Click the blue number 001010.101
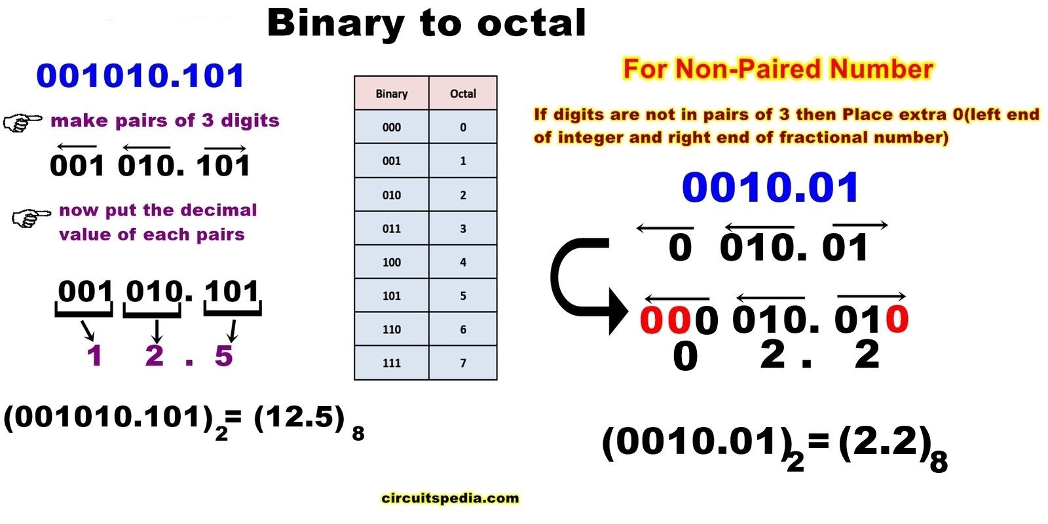click(x=140, y=76)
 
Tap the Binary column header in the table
click(x=392, y=94)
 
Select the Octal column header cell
click(x=462, y=94)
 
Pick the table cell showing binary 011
click(x=392, y=229)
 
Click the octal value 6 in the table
click(x=462, y=329)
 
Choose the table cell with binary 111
click(x=392, y=363)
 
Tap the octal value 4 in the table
click(x=462, y=262)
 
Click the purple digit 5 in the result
click(x=223, y=356)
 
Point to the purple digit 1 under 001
click(x=94, y=356)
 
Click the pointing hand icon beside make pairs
click(x=22, y=122)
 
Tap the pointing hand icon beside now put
click(x=31, y=217)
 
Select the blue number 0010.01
click(x=770, y=187)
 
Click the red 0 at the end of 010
click(x=896, y=320)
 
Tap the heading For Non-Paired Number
click(x=777, y=69)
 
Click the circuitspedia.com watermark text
click(x=449, y=498)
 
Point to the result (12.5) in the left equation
click(x=299, y=417)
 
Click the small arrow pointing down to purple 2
click(x=156, y=331)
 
